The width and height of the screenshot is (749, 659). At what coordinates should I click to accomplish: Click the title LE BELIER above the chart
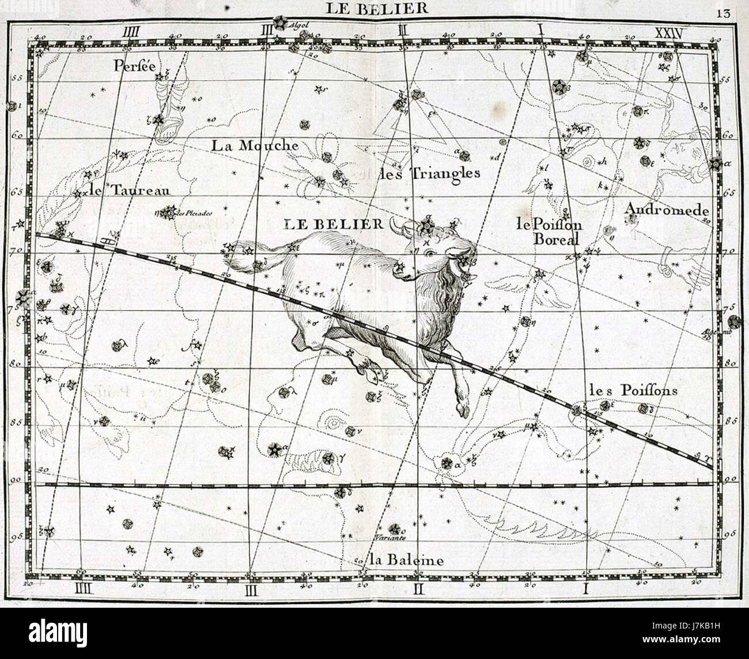(377, 8)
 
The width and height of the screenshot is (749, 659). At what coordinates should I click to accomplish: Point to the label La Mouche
(255, 145)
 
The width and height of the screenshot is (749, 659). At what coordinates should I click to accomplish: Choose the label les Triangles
(429, 172)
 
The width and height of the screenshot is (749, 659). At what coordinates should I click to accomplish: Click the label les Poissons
(633, 391)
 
